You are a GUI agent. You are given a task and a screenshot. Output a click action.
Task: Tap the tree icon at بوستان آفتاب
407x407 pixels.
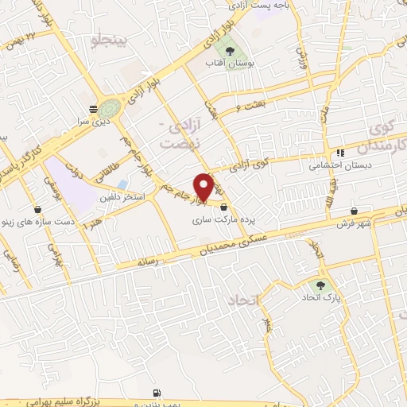[230, 50]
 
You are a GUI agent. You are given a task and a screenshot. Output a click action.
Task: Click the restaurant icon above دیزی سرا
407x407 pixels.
[94, 109]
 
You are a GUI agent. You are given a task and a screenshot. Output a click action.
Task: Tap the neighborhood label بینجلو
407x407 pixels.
[109, 42]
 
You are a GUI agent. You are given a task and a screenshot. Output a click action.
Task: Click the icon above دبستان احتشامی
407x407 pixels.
[340, 153]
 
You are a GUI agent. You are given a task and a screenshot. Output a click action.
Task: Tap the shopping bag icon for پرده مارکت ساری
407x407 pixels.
[223, 207]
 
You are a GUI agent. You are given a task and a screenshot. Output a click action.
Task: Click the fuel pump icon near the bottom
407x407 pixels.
[157, 393]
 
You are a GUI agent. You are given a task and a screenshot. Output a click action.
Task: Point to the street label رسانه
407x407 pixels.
[148, 261]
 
